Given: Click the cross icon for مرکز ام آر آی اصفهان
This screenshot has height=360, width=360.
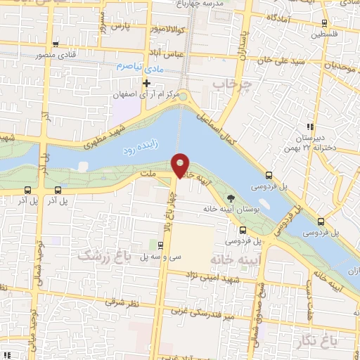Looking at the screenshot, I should pos(146,84).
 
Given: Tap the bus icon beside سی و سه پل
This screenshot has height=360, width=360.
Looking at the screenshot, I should pos(161,245).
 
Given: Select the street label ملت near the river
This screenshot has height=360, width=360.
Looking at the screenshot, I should pos(147,172).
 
